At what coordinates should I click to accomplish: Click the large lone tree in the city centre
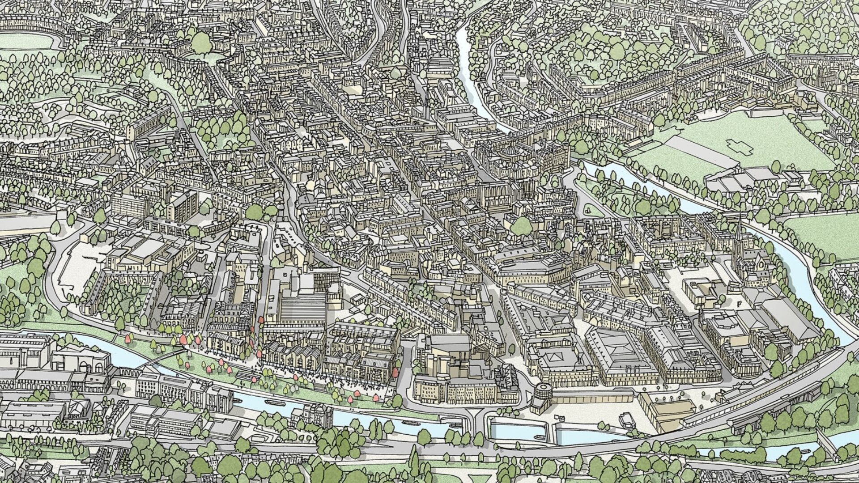point(521,226)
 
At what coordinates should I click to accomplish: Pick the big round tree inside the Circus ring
point(201,42)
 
